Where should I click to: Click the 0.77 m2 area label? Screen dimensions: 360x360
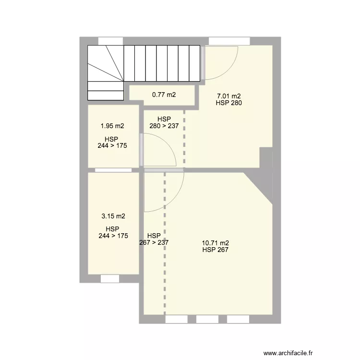[x=164, y=95]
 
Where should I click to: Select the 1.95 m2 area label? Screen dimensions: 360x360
[x=112, y=126]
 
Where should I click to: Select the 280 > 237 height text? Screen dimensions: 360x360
[x=164, y=126]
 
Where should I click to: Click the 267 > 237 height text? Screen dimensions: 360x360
[x=154, y=242]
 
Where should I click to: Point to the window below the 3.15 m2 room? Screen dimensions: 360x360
[x=109, y=278]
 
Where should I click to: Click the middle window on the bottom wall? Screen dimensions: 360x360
[x=207, y=319]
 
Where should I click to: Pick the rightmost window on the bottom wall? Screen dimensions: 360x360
[x=238, y=319]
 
